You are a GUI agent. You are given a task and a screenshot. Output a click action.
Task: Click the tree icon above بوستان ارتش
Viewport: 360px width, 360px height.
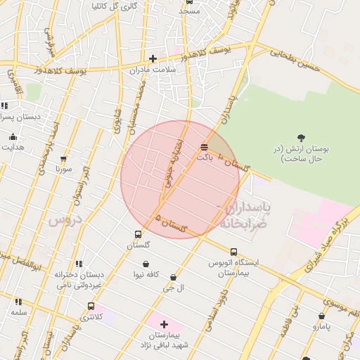pos(302,138)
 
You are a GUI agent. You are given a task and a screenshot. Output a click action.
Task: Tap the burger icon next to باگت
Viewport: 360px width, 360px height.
pos(204,147)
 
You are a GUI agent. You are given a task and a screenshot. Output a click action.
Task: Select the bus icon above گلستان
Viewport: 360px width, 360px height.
pos(138,235)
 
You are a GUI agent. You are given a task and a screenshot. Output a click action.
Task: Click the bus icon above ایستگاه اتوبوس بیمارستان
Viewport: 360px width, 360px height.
pos(233,252)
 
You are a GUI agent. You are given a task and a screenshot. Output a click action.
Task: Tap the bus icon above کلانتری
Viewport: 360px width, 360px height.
pos(91,306)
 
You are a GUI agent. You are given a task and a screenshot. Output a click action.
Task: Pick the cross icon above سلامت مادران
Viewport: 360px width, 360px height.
pos(153,58)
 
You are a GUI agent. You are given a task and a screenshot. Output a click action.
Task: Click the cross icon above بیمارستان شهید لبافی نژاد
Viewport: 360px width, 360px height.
pos(165,324)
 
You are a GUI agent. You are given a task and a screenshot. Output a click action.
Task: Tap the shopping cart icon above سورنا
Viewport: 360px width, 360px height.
pos(64,159)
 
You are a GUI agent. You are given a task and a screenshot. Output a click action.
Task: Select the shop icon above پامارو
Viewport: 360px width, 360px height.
pos(321,316)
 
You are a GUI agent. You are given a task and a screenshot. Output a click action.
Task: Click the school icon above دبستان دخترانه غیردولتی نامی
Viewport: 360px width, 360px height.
pos(78,264)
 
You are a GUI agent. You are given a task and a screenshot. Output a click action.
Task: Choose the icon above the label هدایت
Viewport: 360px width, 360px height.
pos(12,136)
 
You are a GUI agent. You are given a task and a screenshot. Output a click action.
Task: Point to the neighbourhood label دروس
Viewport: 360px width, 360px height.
pos(65,220)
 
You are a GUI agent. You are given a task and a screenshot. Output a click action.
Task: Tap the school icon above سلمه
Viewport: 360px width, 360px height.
pos(18,301)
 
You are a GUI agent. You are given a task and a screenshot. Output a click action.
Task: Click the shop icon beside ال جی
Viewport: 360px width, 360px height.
pos(173,278)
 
